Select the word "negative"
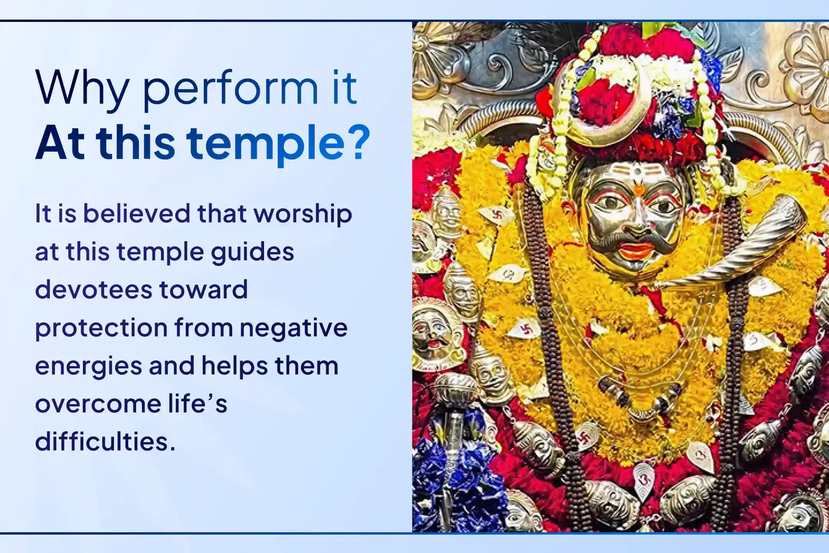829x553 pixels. coord(293,328)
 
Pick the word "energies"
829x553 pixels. coord(88,366)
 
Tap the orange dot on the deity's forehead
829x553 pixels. coord(637,189)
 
